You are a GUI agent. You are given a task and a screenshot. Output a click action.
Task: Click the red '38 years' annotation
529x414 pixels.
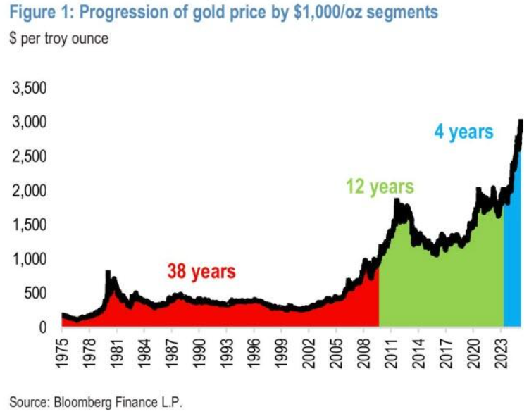(x=201, y=270)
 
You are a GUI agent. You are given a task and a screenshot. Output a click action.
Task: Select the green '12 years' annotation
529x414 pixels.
(x=379, y=187)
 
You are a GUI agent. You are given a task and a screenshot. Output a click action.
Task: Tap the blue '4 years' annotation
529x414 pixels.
(x=463, y=132)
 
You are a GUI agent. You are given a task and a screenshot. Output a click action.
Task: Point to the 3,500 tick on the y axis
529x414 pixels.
(x=30, y=89)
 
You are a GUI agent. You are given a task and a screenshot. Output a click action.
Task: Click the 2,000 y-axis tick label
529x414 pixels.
(x=30, y=192)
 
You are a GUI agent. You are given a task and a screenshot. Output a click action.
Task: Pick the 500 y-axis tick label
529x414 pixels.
(x=37, y=294)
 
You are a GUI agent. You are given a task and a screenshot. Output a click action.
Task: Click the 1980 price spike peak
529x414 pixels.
(x=108, y=272)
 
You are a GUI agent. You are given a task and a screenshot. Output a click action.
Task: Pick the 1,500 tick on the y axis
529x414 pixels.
(x=30, y=225)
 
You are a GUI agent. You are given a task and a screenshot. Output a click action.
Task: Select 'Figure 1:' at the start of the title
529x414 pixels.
(x=32, y=13)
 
